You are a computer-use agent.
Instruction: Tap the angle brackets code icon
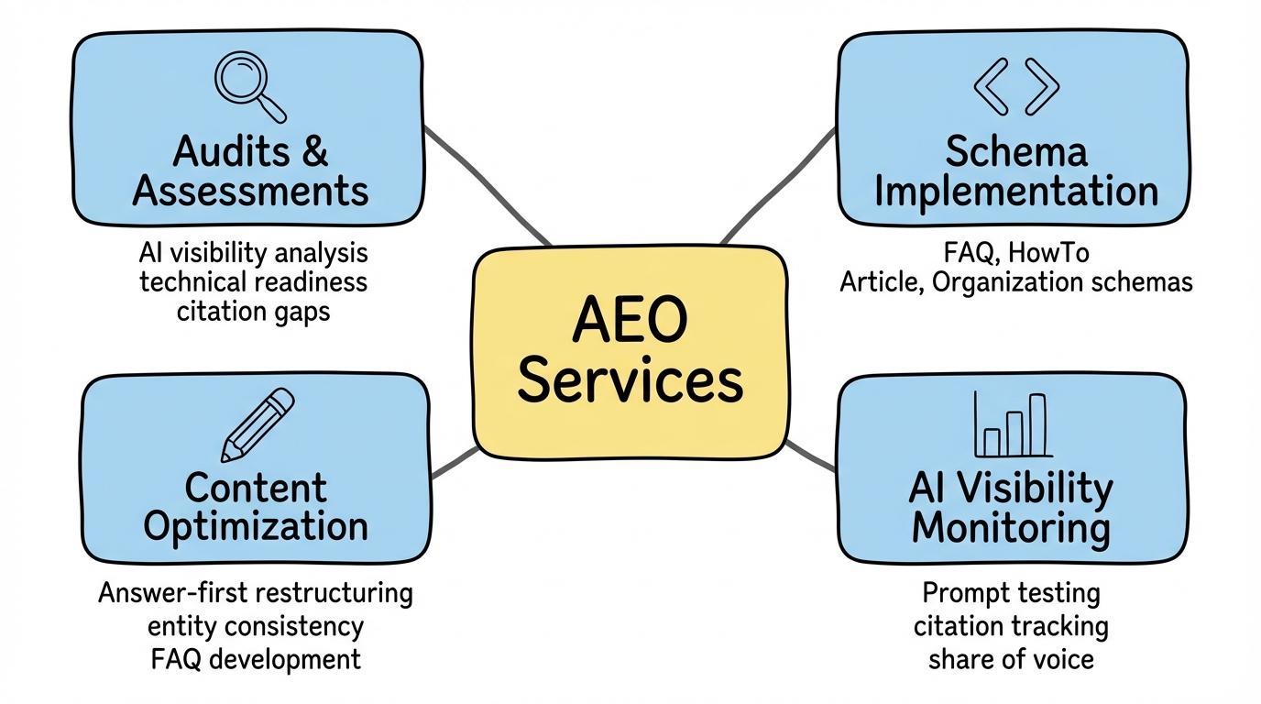pos(1015,86)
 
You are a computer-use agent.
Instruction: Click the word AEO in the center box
pos(630,321)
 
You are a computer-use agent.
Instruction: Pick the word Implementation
pos(1015,192)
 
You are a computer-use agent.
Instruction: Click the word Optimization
pos(256,526)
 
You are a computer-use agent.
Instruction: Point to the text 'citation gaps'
pos(253,311)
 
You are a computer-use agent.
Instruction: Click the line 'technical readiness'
pos(253,281)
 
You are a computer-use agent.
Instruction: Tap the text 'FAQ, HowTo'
pos(1015,251)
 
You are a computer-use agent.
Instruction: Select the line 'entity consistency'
pos(256,627)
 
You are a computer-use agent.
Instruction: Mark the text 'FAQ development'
pos(256,658)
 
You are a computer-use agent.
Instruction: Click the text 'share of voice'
pos(1011,659)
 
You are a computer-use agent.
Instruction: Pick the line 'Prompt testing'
pos(1011,593)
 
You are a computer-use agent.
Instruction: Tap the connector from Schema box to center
pos(779,183)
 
